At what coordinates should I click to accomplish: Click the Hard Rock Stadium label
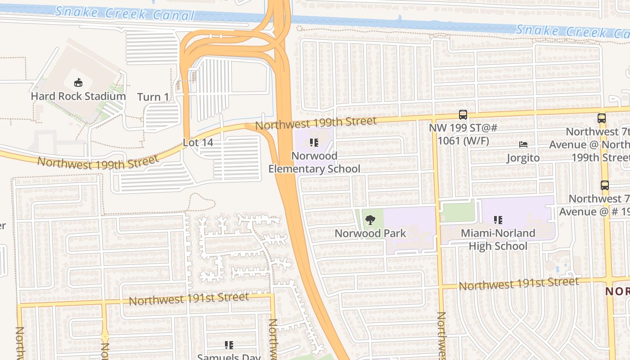pyautogui.click(x=78, y=96)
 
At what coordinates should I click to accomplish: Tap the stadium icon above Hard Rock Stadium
pyautogui.click(x=78, y=82)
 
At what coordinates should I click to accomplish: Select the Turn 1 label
pyautogui.click(x=153, y=97)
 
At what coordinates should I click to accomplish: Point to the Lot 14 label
pyautogui.click(x=198, y=142)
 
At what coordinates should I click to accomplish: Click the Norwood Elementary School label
pyautogui.click(x=314, y=162)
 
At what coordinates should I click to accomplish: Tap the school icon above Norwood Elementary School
pyautogui.click(x=314, y=143)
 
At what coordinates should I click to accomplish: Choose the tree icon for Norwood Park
pyautogui.click(x=370, y=220)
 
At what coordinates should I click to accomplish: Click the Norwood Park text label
pyautogui.click(x=370, y=233)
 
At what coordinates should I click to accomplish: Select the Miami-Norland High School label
pyautogui.click(x=498, y=239)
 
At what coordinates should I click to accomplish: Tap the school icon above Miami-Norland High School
pyautogui.click(x=498, y=220)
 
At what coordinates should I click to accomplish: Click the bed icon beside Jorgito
pyautogui.click(x=523, y=144)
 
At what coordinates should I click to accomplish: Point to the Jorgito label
pyautogui.click(x=523, y=158)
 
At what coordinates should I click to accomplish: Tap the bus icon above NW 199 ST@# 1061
pyautogui.click(x=463, y=115)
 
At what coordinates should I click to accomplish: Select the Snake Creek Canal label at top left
pyautogui.click(x=125, y=13)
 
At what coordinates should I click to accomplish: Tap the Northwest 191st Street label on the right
pyautogui.click(x=518, y=284)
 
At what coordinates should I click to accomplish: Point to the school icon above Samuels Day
pyautogui.click(x=229, y=345)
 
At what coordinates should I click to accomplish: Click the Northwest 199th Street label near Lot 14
pyautogui.click(x=98, y=162)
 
